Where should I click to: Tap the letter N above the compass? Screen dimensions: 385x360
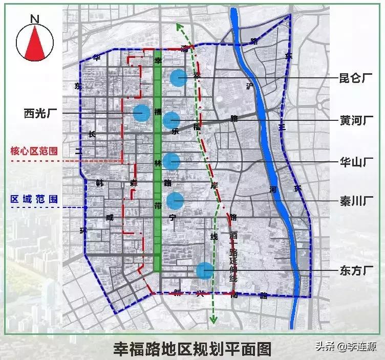click(35, 19)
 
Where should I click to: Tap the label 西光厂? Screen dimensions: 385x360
click(39, 113)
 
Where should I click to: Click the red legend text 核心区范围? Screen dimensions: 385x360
click(34, 152)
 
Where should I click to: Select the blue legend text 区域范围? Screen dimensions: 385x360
click(34, 199)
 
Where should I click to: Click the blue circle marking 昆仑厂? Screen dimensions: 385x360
click(178, 78)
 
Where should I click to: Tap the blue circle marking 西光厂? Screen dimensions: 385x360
click(141, 112)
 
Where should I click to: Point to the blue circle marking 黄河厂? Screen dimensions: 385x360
click(171, 120)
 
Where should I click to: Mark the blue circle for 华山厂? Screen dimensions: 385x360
click(172, 161)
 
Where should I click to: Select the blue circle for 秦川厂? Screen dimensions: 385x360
click(175, 200)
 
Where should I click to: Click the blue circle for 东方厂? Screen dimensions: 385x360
click(204, 270)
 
